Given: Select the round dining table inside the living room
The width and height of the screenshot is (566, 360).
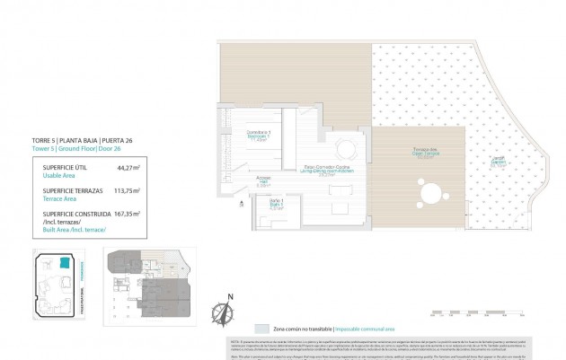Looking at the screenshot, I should click(x=345, y=148).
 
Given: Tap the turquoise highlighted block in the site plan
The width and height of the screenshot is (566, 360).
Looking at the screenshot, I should click(x=66, y=264).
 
